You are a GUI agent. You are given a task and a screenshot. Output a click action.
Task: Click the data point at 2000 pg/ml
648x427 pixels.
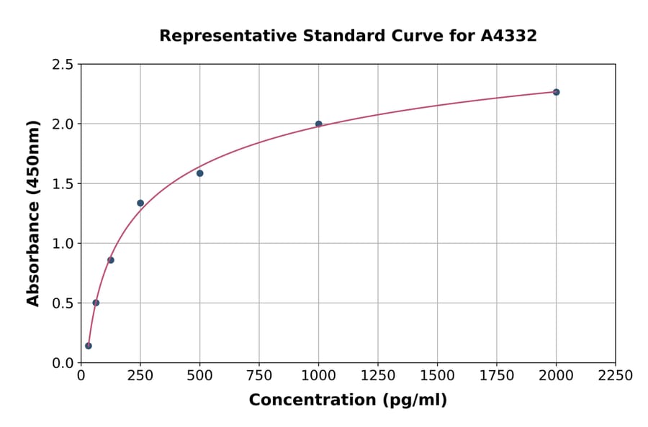point(556,92)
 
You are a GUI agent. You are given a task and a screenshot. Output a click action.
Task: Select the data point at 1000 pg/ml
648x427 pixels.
point(318,124)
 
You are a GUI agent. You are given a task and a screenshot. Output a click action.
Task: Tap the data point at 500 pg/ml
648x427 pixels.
point(199,173)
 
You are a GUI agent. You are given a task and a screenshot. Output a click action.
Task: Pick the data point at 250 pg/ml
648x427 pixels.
point(140,203)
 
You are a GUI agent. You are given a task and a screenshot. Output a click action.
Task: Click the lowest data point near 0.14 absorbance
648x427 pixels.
point(89,346)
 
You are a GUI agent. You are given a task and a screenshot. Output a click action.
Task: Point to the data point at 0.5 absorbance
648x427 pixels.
point(96,303)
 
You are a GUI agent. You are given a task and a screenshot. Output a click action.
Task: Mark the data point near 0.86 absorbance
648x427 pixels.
point(110,260)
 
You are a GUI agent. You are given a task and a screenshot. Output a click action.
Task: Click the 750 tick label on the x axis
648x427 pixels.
point(259,375)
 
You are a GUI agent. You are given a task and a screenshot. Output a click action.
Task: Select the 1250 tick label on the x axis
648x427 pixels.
point(378,375)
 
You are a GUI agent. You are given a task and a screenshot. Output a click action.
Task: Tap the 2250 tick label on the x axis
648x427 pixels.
point(616,375)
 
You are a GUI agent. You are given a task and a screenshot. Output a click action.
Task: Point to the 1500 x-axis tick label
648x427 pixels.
point(437,375)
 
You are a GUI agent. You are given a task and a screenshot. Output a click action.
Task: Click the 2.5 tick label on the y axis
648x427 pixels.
point(62,65)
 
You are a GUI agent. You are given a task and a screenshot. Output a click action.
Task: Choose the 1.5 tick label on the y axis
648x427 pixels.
point(62,184)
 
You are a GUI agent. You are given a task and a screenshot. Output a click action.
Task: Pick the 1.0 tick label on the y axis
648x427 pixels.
point(62,244)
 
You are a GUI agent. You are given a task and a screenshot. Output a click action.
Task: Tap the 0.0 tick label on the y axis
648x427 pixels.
point(62,363)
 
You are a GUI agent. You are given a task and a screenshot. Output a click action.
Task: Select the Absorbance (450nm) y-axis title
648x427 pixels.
point(33,213)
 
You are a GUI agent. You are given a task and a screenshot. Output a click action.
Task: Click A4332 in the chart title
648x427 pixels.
point(508,36)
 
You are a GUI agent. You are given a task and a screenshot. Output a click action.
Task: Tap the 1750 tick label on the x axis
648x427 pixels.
point(497,375)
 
